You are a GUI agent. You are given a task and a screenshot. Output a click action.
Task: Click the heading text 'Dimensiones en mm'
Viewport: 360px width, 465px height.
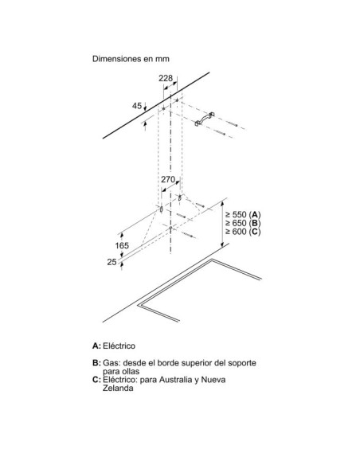(131, 59)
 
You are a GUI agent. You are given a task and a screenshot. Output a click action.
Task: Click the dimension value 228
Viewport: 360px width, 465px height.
(166, 78)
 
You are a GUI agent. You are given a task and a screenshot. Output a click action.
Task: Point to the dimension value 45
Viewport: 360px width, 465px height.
(137, 106)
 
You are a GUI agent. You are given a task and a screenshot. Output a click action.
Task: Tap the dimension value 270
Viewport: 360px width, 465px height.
(168, 179)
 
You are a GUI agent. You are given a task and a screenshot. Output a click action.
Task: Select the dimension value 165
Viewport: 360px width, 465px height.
(122, 245)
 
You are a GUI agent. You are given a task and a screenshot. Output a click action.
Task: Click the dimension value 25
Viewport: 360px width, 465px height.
(112, 262)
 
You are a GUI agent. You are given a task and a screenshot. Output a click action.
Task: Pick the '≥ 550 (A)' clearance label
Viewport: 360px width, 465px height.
(243, 214)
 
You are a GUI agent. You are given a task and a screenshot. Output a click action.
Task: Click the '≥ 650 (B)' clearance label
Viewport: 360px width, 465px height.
(243, 223)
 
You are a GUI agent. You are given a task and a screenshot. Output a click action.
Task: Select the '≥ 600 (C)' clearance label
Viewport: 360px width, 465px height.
(243, 232)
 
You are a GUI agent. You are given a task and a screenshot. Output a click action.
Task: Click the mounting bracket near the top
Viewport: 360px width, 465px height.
(204, 119)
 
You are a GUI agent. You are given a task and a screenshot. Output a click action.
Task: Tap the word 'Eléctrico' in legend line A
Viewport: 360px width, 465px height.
(119, 346)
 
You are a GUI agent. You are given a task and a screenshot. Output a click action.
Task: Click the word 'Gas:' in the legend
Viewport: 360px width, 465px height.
(112, 363)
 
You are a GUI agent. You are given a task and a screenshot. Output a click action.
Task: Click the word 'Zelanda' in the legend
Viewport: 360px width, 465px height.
(118, 388)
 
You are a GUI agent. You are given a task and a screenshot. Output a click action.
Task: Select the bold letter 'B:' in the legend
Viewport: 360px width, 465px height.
(96, 363)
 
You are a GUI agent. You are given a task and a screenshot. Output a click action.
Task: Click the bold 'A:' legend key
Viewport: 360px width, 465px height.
(96, 346)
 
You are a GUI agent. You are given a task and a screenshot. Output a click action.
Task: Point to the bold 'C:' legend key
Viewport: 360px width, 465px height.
(96, 380)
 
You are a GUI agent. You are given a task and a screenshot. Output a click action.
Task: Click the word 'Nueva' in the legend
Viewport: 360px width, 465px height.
(213, 380)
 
